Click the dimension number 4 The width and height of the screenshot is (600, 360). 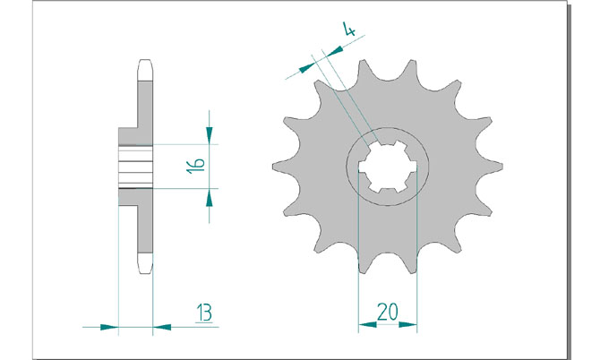tap(349, 29)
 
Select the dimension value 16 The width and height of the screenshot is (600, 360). tap(195, 166)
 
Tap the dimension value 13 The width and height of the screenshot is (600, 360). tap(204, 313)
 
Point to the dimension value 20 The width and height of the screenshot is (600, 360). tap(387, 312)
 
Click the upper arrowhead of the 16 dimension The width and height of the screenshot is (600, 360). tap(209, 135)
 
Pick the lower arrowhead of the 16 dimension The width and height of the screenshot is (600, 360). tap(209, 197)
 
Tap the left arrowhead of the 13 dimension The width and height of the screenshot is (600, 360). tap(109, 327)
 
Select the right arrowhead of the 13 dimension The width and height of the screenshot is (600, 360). tap(162, 327)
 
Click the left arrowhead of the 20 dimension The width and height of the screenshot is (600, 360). tap(367, 324)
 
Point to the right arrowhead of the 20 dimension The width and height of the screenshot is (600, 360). tap(407, 324)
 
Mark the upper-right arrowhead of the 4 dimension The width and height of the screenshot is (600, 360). tap(334, 51)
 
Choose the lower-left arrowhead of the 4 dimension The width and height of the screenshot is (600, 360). tap(306, 68)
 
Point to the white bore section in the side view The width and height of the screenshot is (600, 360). tap(135, 167)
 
